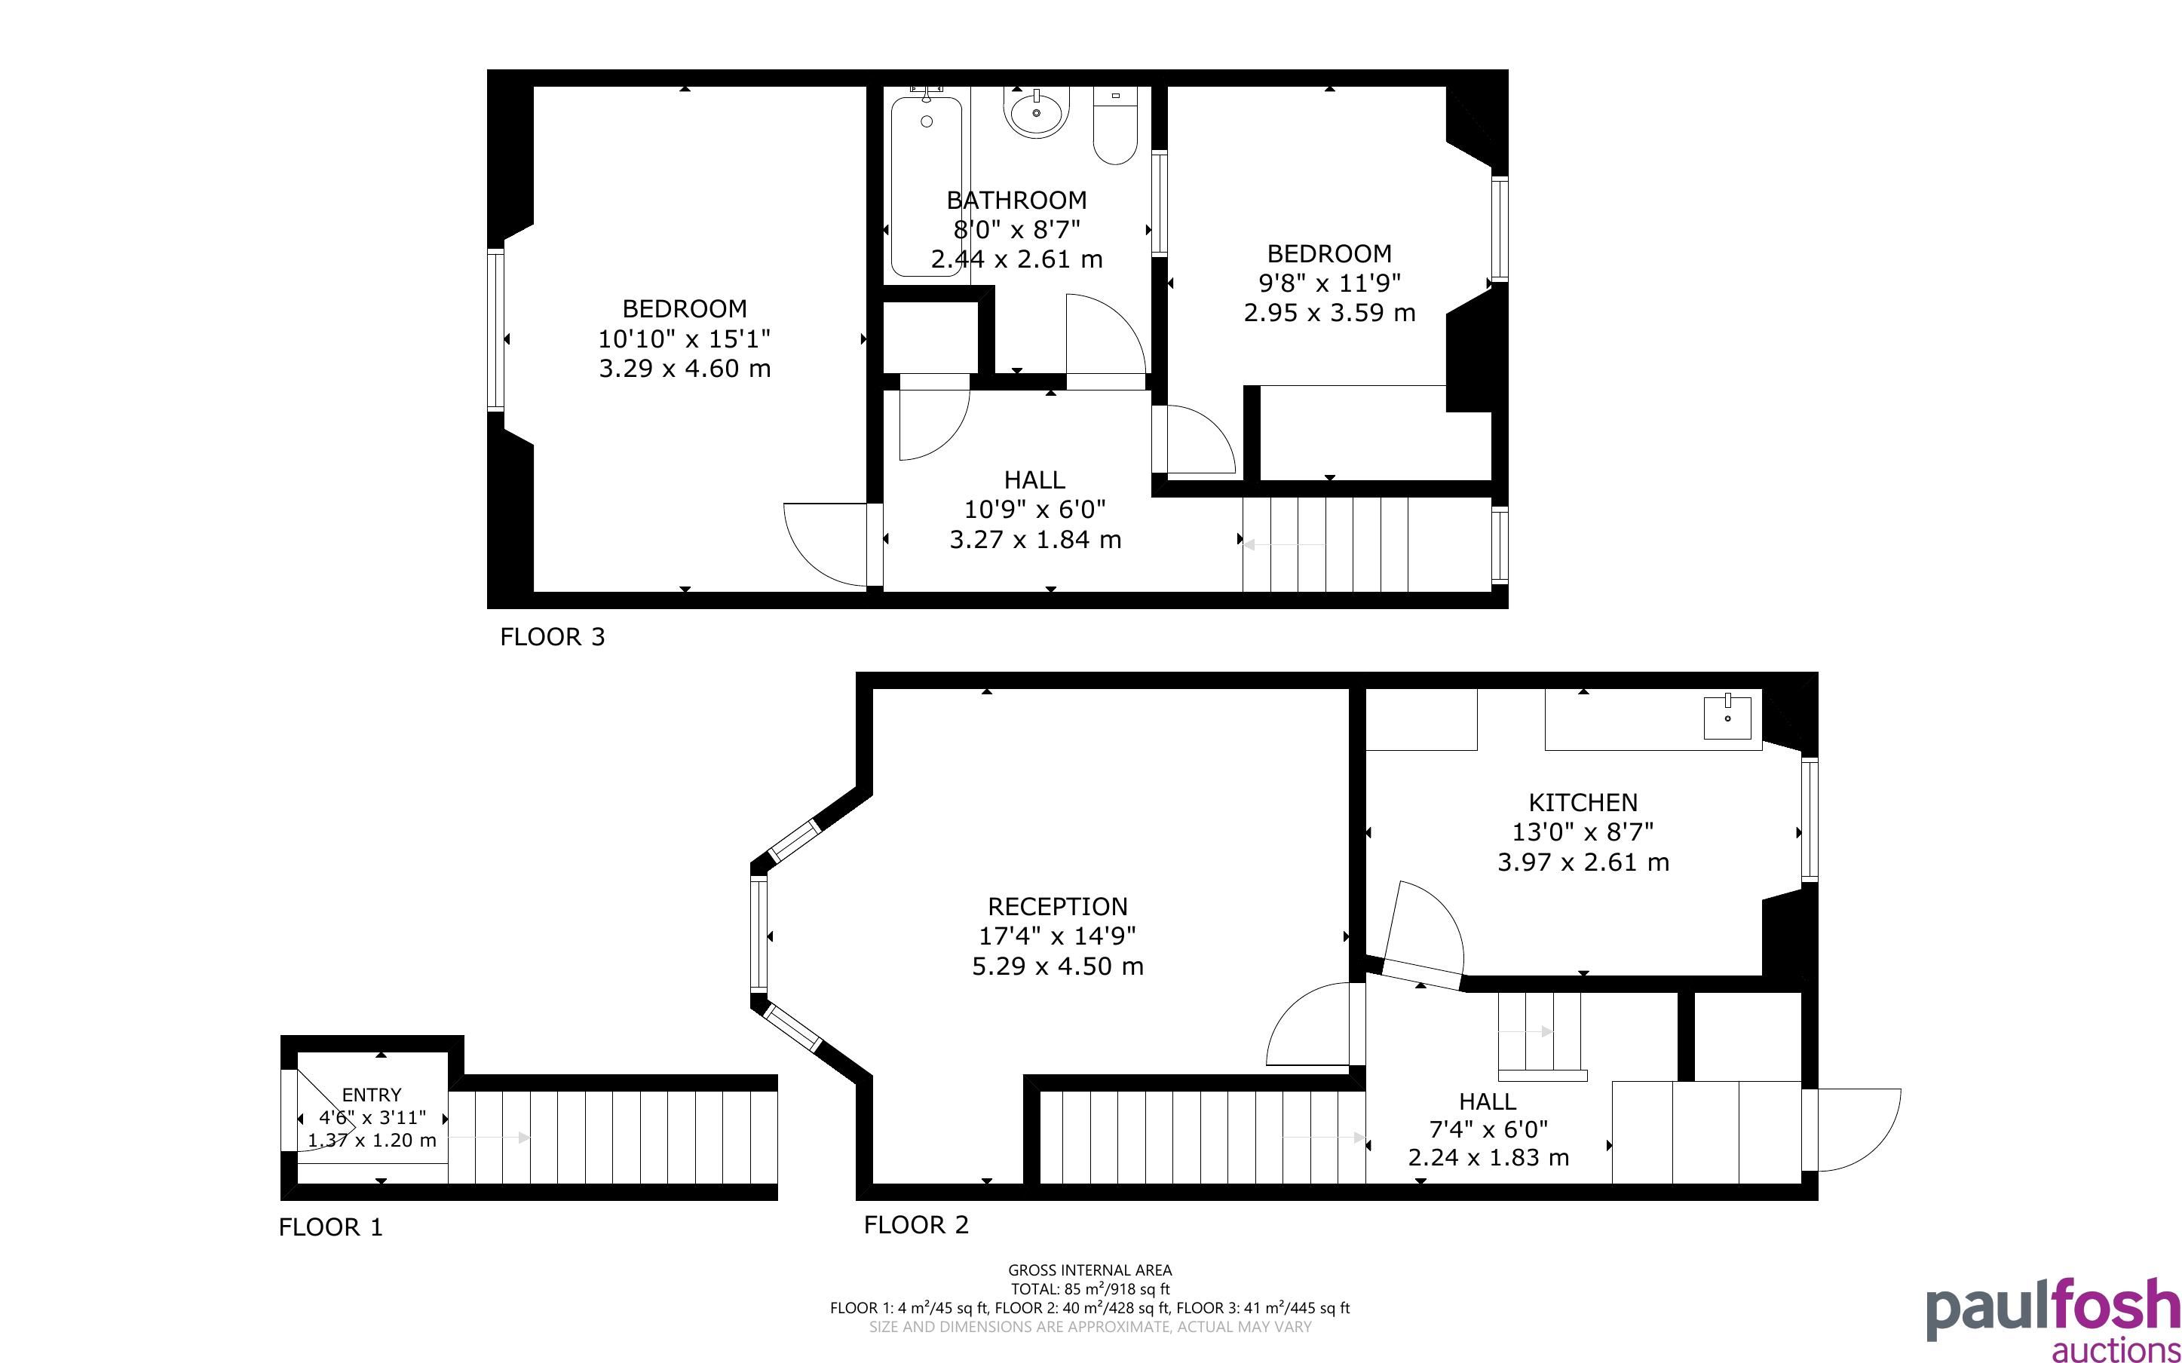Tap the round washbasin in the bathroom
click(x=1037, y=112)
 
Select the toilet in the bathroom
click(x=1116, y=125)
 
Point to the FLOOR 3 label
click(x=553, y=637)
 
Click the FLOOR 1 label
click(x=331, y=1228)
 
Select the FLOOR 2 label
click(x=915, y=1225)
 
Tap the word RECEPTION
click(x=1057, y=907)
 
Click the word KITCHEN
click(x=1583, y=802)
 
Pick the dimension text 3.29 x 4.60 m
click(x=685, y=369)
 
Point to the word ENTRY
click(x=371, y=1095)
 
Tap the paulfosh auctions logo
click(x=2053, y=1320)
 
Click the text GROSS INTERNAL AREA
click(x=1089, y=1271)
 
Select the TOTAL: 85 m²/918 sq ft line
click(x=1089, y=1290)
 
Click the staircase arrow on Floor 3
click(x=1284, y=544)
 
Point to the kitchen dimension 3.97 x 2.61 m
click(x=1583, y=862)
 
